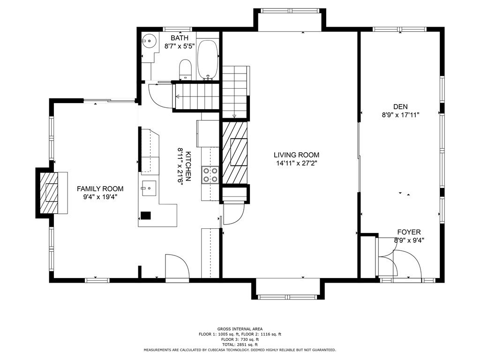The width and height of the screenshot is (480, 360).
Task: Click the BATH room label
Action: click(x=179, y=38)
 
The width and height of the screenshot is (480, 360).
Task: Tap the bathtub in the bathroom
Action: click(x=208, y=60)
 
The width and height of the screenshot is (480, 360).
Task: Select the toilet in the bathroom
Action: click(x=185, y=69)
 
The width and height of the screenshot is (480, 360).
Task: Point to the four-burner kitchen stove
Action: click(x=210, y=174)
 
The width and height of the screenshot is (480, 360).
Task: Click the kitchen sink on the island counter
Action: click(x=149, y=189)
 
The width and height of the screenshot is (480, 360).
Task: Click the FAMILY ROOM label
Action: click(x=100, y=189)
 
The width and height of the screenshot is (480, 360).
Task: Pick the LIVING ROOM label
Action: click(x=297, y=155)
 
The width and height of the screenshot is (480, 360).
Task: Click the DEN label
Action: click(x=400, y=107)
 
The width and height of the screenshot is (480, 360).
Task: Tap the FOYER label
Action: click(x=409, y=232)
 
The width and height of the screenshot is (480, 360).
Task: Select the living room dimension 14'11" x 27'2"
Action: click(x=297, y=164)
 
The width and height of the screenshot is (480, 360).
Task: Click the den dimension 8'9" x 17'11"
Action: click(x=400, y=115)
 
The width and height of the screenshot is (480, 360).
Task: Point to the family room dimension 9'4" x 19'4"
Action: click(x=100, y=197)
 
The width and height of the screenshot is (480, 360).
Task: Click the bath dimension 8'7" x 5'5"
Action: click(x=179, y=46)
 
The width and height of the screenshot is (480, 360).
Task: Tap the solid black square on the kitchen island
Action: click(x=146, y=216)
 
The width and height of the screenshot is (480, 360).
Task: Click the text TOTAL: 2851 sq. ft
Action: click(x=240, y=345)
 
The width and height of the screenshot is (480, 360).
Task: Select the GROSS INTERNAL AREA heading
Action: click(x=240, y=329)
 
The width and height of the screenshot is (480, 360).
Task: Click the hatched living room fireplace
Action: click(x=235, y=152)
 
